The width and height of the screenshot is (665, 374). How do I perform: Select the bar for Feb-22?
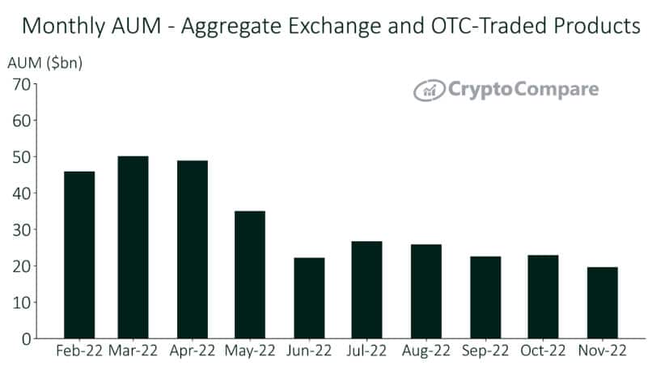78,254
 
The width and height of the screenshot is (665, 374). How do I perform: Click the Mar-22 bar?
133,247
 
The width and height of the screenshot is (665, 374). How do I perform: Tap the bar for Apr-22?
192,249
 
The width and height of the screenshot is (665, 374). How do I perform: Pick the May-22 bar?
249,274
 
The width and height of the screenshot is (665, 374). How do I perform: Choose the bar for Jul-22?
366,289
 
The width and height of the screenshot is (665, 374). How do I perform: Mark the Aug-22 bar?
426,291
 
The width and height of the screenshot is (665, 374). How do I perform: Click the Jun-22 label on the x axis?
308,352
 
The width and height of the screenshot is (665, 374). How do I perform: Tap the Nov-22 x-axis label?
602,352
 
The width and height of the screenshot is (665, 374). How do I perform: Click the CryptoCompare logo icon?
430,90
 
